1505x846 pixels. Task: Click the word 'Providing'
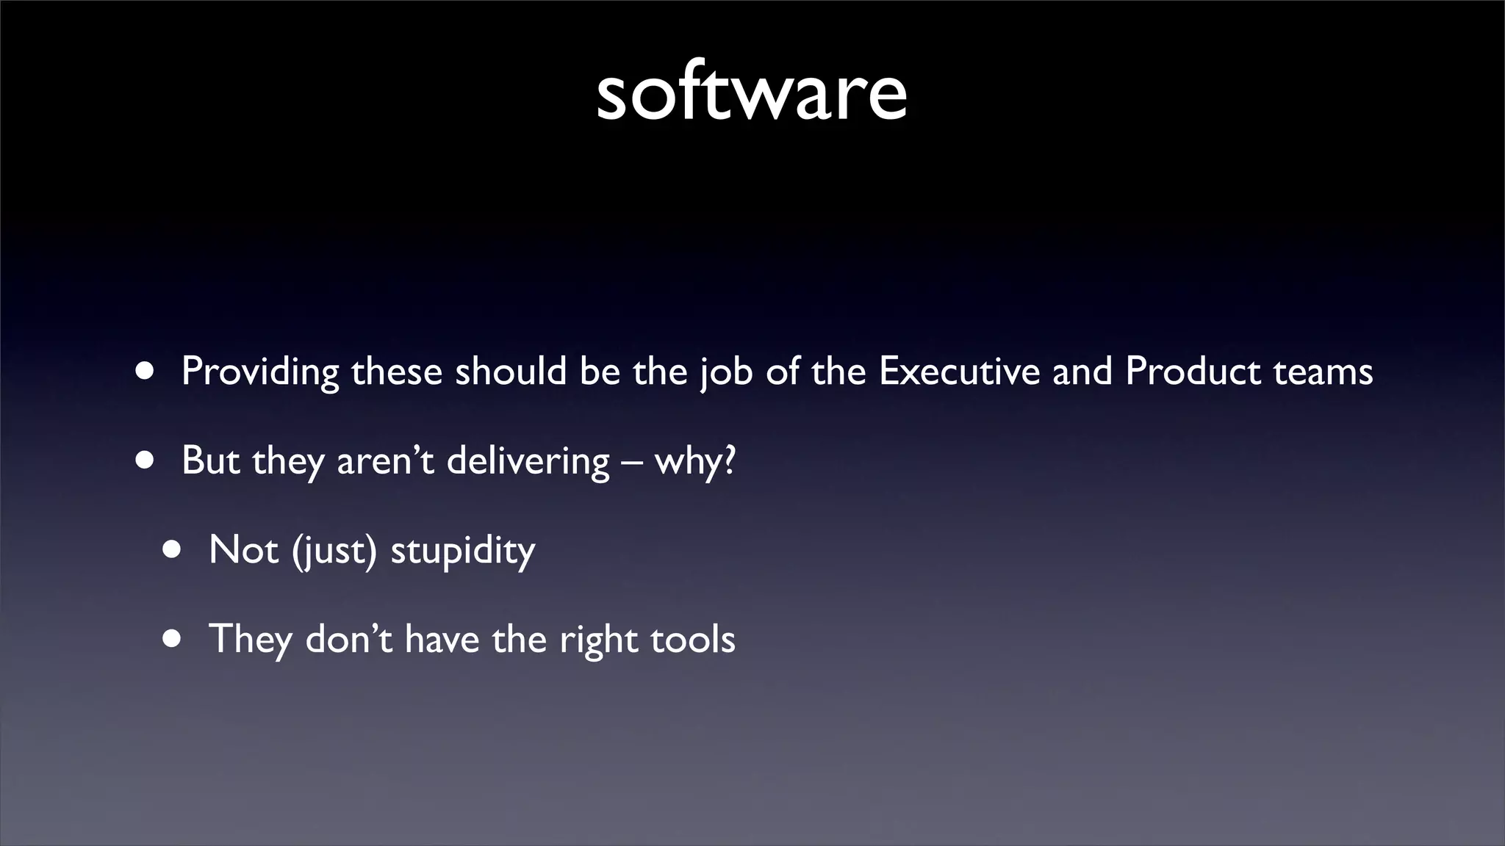[x=260, y=372]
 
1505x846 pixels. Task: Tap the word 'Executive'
[x=959, y=371]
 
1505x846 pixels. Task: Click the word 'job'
[x=726, y=372]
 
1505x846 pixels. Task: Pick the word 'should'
[x=511, y=371]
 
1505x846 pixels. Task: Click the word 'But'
[x=211, y=460]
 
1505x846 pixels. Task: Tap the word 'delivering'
[x=528, y=461]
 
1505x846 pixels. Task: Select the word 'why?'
[x=694, y=461]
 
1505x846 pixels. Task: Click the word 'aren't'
[x=385, y=461]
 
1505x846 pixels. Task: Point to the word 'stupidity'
[x=462, y=550]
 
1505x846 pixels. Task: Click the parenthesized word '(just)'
[x=334, y=550]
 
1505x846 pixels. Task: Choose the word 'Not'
[x=243, y=549]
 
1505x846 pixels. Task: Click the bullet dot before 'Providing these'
[x=145, y=372]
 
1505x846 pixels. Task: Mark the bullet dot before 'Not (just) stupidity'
[x=172, y=550]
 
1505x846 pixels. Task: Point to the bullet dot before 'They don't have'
[x=172, y=639]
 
